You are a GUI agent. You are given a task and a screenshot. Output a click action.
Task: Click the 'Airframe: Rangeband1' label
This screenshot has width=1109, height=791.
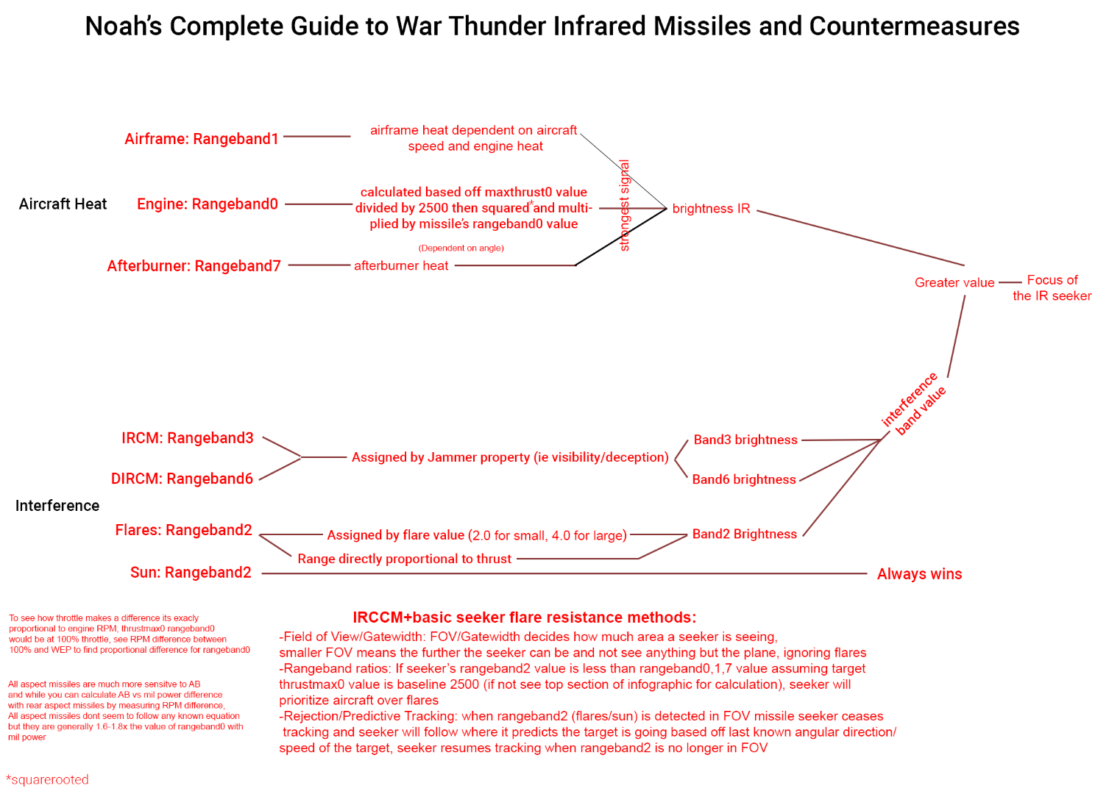point(202,139)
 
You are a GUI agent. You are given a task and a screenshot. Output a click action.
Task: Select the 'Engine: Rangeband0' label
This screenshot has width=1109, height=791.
point(208,204)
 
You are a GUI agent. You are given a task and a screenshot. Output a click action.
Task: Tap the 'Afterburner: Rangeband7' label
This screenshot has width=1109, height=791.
point(194,266)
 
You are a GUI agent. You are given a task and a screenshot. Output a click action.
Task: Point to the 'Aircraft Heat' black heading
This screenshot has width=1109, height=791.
point(63,204)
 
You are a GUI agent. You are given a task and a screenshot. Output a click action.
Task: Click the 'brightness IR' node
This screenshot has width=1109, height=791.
point(711,209)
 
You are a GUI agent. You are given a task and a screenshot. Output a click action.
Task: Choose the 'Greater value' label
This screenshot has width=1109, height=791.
point(954,283)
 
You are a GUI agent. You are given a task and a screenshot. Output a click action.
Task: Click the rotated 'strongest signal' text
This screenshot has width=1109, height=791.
point(625,206)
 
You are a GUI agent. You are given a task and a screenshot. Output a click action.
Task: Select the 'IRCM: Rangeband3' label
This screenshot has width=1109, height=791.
point(188,438)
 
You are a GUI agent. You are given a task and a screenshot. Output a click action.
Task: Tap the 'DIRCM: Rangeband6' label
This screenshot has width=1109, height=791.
point(182,479)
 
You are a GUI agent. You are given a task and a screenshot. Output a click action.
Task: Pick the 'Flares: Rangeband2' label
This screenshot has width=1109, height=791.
point(184,531)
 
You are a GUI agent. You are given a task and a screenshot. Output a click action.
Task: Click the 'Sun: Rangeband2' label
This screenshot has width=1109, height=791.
point(191,573)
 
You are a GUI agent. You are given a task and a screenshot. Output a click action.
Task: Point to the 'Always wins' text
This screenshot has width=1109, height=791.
point(919,574)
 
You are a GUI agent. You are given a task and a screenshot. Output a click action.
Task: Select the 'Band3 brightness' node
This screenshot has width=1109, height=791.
point(745,440)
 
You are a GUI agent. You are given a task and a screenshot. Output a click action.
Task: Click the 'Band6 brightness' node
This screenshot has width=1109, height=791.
point(744,480)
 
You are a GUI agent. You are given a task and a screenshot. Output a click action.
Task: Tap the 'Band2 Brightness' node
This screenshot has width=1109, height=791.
point(745,534)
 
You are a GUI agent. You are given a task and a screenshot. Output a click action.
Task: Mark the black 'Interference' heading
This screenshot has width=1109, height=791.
point(57,506)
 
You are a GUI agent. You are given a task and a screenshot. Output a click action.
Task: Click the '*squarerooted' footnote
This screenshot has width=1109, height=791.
point(47,780)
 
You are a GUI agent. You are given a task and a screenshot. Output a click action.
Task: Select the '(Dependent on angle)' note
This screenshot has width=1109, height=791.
point(461,248)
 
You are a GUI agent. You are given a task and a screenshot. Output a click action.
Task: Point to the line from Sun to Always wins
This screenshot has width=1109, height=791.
point(559,573)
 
